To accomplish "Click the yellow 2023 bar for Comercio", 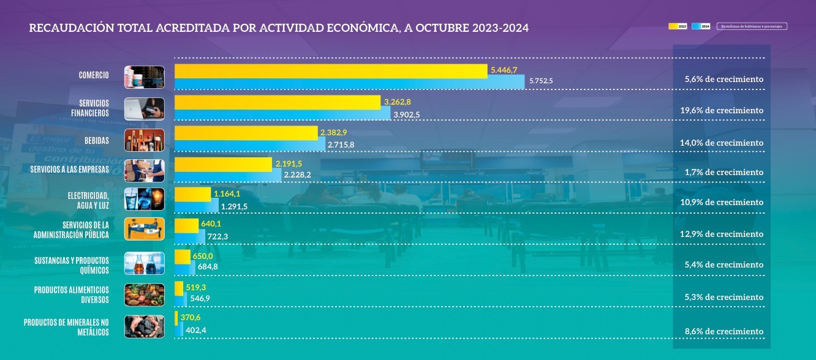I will tap(331, 71).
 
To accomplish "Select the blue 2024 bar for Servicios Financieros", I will tap(282, 114).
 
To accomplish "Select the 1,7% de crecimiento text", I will tap(723, 173).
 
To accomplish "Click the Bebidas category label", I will tap(96, 141).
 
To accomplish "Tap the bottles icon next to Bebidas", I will tap(144, 140).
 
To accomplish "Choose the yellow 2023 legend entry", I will tap(678, 26).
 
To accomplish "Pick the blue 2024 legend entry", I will tap(701, 26).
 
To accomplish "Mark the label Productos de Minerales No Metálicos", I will tap(66, 327).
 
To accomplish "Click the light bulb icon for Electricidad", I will tap(155, 200).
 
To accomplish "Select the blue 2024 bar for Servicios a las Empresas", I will tap(228, 176).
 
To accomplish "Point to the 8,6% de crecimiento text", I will tap(723, 331).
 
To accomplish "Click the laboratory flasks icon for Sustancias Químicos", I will tap(144, 264).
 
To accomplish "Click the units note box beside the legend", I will tap(752, 26).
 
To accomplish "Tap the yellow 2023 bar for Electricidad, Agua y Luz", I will tap(192, 195).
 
